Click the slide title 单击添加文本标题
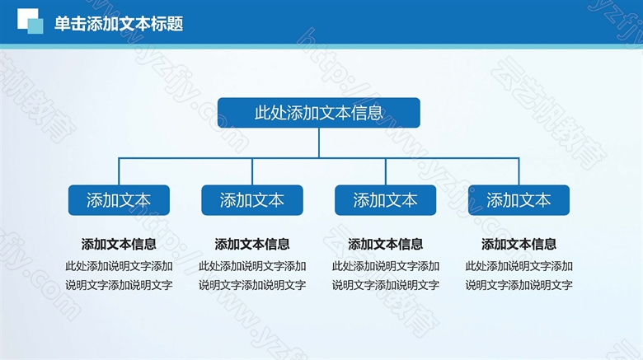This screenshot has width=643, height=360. coord(119,24)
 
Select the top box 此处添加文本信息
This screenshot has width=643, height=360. coord(319,113)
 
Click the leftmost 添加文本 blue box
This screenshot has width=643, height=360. coord(119,200)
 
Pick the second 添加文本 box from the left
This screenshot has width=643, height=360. coord(252,200)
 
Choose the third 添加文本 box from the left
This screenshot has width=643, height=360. coord(386,200)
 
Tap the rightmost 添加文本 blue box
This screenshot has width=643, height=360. coord(519,200)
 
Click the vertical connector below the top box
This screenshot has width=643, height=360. coord(319,143)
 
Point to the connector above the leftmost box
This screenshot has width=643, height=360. coord(119,171)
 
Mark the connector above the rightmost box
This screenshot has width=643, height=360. coord(519,171)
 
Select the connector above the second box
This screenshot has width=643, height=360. coord(252,171)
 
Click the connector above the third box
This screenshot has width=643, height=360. coord(386,171)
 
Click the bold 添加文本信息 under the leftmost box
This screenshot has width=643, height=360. coord(119,245)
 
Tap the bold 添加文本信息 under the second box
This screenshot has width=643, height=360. coord(252,245)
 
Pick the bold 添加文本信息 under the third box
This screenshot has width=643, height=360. coord(386,245)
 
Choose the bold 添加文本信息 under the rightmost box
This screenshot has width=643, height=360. coord(519,245)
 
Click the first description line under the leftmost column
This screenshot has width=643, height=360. coord(119,266)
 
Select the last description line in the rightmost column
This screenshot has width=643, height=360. coord(519,285)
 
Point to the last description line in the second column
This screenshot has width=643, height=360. coord(252,285)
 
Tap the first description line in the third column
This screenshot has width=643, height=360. coord(386,266)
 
